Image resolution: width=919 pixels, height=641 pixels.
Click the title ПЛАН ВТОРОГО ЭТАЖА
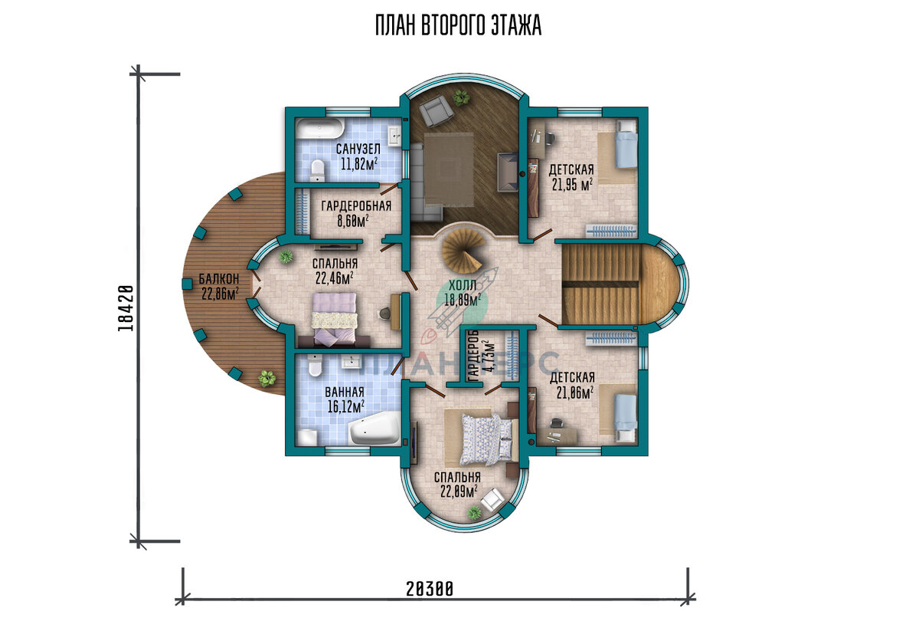tap(458, 26)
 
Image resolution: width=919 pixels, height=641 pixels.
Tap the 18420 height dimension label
tap(126, 308)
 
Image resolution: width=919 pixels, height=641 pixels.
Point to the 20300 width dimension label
tap(430, 590)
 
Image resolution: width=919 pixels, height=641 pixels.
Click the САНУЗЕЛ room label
tap(358, 149)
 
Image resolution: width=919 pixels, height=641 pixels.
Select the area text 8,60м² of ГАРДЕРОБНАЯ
tap(352, 221)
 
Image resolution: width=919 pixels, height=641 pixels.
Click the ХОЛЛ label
tap(463, 285)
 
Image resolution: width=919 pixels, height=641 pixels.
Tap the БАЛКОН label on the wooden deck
tap(219, 279)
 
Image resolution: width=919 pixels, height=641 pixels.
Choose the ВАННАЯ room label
tap(345, 392)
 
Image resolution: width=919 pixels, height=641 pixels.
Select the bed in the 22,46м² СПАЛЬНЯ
tap(335, 319)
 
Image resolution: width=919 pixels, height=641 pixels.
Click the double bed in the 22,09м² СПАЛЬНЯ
tap(486, 439)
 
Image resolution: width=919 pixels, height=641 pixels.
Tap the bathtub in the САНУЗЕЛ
tap(319, 129)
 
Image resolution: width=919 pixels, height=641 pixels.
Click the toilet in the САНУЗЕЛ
tap(318, 170)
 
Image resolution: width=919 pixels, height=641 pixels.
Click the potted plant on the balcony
tap(267, 378)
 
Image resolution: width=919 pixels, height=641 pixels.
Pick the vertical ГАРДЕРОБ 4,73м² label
tap(479, 356)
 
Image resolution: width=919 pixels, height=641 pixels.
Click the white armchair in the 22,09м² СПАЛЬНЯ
tap(492, 499)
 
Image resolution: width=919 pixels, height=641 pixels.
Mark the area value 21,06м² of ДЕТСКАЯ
tap(575, 393)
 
